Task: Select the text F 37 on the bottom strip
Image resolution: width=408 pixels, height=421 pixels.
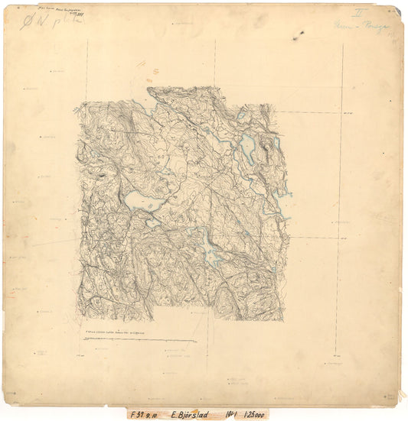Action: (136, 414)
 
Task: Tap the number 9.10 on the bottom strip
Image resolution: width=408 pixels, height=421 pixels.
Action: (156, 414)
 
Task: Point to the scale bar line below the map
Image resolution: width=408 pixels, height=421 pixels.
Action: (142, 341)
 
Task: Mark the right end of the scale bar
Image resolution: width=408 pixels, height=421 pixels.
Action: (196, 341)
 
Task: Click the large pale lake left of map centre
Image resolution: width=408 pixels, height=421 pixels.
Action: (142, 200)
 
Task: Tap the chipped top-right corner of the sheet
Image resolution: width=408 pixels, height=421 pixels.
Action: (397, 9)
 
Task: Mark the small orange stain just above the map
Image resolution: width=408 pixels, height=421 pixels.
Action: (155, 71)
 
